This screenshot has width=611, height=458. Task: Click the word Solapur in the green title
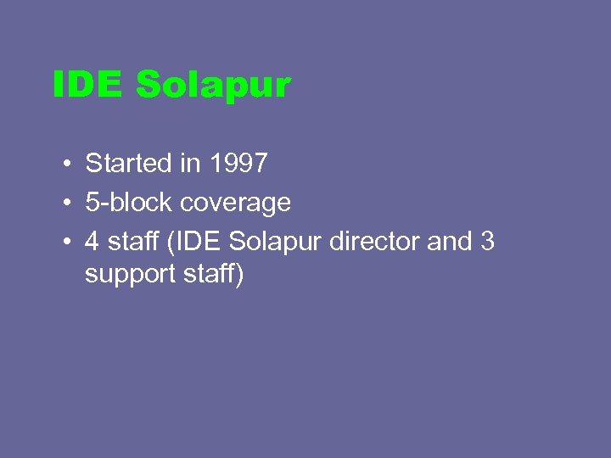tap(213, 86)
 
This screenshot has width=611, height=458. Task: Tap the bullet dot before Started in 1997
tap(64, 163)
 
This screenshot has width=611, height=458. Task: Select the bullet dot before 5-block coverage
tap(64, 203)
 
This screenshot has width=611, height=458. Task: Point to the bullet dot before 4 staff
tap(64, 242)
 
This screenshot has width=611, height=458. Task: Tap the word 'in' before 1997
tap(188, 162)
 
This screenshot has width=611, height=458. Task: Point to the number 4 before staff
tap(92, 242)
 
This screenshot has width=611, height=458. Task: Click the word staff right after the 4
tap(132, 242)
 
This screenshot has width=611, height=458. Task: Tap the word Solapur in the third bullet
tap(274, 242)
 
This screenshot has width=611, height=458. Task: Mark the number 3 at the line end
tap(487, 242)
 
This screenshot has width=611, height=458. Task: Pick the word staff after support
tap(210, 276)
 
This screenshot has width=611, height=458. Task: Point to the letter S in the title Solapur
tap(149, 85)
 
